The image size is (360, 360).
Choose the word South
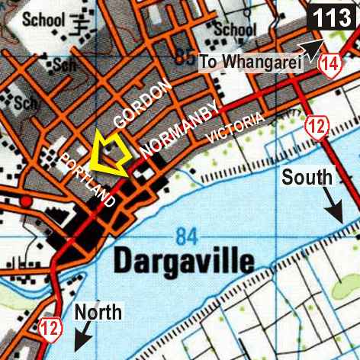307,178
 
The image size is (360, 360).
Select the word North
98,311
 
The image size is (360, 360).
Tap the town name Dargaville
183,262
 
